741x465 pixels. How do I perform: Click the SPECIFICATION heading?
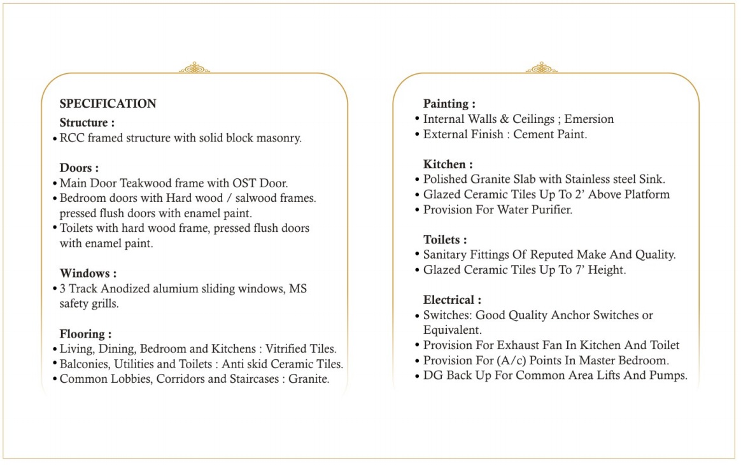[x=108, y=104]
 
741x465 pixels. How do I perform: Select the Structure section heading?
[x=87, y=122]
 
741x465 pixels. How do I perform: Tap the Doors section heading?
[x=79, y=168]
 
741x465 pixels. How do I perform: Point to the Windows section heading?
[x=88, y=274]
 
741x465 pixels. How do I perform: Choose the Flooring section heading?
[x=85, y=334]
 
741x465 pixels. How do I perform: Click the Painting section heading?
[x=449, y=103]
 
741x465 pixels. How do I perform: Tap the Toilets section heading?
[x=445, y=240]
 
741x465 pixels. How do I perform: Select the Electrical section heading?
[x=452, y=299]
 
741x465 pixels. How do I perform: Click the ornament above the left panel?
[x=194, y=68]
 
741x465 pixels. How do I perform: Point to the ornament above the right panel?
[x=541, y=68]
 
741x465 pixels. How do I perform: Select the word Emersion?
[x=589, y=119]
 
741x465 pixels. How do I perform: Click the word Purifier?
[x=549, y=210]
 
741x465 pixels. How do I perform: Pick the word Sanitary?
[x=445, y=255]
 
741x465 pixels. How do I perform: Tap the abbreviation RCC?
[x=71, y=138]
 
